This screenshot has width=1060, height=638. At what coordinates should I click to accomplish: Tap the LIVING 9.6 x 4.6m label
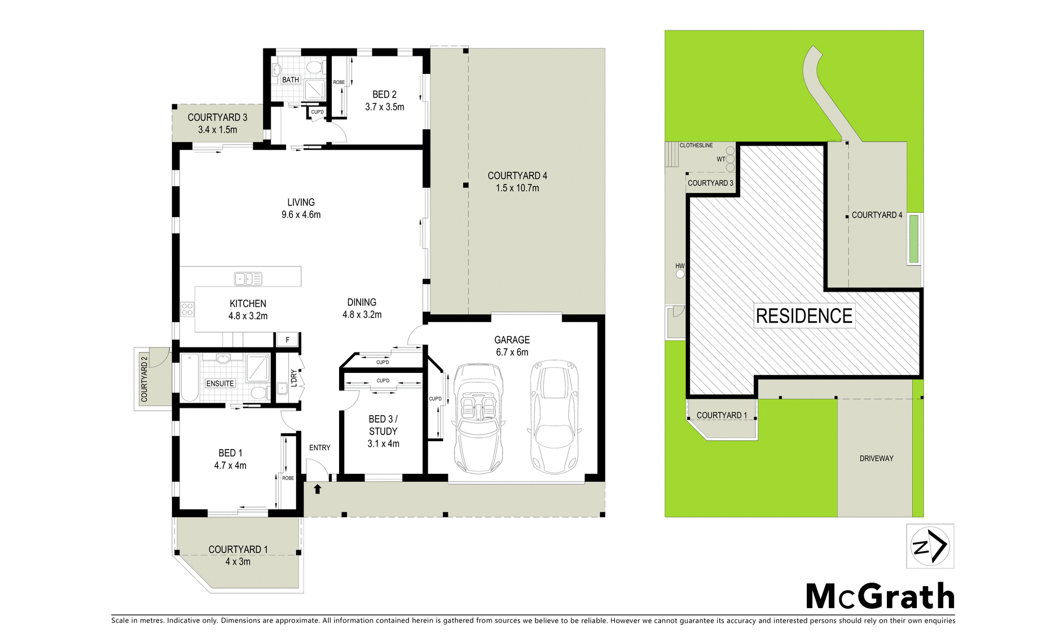301,208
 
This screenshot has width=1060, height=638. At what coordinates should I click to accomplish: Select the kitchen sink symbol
248,278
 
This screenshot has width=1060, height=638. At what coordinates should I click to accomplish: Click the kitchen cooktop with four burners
187,309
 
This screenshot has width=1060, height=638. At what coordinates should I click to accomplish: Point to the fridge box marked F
288,340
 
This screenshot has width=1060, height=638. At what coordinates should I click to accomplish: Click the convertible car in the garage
478,418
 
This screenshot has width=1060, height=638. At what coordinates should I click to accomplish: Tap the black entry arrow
318,489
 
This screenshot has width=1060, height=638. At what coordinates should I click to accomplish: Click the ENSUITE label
220,384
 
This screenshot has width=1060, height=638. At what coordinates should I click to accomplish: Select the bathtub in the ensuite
190,377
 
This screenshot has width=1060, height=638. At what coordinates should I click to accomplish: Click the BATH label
291,80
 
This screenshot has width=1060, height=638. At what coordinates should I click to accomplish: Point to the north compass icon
930,546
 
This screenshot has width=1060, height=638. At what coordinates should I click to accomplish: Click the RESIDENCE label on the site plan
804,316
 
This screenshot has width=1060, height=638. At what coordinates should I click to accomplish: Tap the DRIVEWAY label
876,459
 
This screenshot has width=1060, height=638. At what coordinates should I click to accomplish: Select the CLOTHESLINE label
696,146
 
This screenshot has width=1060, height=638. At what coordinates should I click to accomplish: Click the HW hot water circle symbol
680,274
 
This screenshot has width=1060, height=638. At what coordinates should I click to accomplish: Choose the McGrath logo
880,596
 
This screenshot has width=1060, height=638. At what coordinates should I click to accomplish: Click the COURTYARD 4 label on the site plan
877,215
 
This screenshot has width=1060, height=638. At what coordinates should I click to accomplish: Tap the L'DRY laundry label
293,377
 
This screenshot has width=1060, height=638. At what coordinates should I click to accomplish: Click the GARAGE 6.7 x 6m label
512,346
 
